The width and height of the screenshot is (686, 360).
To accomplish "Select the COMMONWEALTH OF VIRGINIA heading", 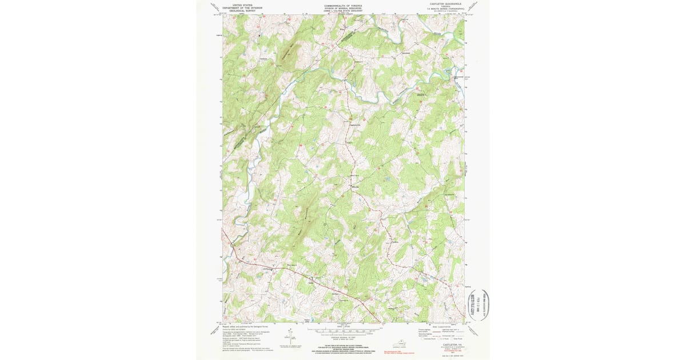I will click(343, 3).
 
